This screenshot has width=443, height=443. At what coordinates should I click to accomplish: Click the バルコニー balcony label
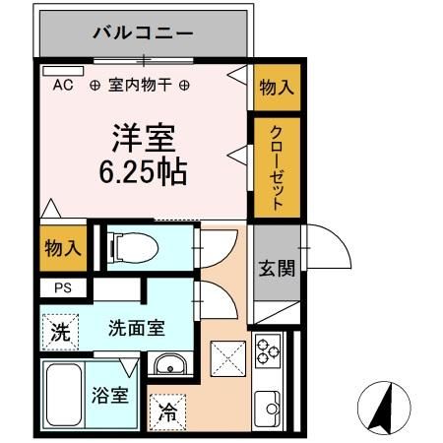[144, 32]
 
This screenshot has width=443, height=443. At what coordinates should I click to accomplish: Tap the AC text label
[63, 86]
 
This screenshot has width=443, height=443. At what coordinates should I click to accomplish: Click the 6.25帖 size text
[144, 170]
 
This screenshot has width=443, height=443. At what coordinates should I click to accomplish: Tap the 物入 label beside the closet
[277, 86]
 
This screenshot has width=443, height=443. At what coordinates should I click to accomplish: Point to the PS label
[63, 288]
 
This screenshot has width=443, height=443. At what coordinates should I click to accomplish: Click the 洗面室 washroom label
[137, 328]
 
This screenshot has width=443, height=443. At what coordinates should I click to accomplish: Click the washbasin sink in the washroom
[171, 363]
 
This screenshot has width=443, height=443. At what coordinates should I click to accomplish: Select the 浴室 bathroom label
[111, 397]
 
